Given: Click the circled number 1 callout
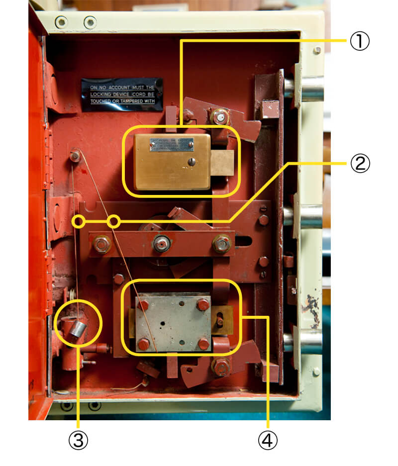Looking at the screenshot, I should (x=358, y=41).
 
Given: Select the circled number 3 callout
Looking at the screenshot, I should (x=78, y=439).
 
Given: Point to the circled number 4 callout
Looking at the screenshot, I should (x=268, y=439).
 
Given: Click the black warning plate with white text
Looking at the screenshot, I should (x=122, y=94).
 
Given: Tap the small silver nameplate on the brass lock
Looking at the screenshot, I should (x=170, y=144).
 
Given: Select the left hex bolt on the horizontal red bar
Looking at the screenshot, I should (x=101, y=244).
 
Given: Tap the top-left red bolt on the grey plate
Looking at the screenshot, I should (x=143, y=304).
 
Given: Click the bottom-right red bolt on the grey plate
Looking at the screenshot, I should (x=203, y=343).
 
